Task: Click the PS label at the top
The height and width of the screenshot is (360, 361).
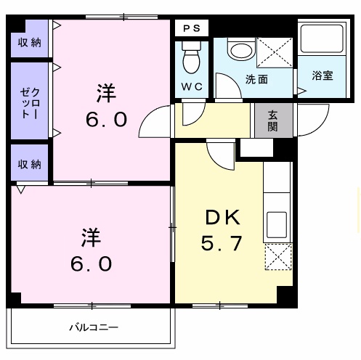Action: [192, 28]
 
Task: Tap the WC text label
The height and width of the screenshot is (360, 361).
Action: [192, 86]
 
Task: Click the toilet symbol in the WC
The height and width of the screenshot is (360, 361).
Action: [192, 57]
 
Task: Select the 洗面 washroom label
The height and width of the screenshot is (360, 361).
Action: [256, 79]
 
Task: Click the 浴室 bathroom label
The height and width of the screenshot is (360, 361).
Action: [323, 75]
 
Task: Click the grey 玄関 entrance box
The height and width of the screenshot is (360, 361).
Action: [273, 120]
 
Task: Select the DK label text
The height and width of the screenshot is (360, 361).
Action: [219, 216]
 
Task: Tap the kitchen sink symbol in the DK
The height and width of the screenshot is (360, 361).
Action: [277, 221]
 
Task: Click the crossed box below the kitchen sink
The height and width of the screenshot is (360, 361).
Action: [277, 257]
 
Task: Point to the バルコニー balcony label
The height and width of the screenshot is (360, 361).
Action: [93, 327]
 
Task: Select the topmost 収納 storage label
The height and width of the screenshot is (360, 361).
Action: [30, 43]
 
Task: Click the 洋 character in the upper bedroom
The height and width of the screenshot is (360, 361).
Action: [107, 93]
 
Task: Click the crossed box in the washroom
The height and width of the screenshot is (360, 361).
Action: [274, 53]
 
